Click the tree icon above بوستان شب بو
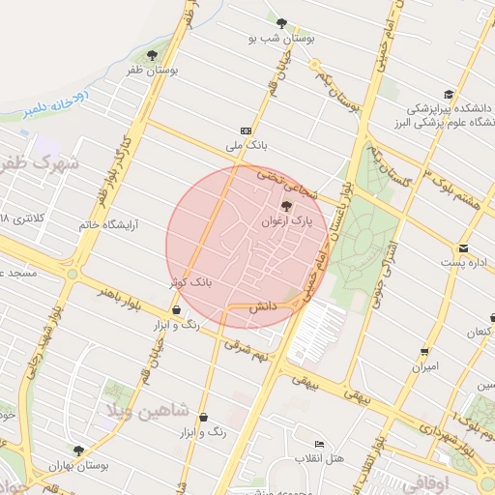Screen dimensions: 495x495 click(x=281, y=23)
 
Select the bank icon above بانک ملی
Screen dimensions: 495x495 click(x=246, y=130)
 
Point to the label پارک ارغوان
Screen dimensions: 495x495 click(x=285, y=221)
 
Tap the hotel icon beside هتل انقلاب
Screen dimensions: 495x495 click(x=320, y=444)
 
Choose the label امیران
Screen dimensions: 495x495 click(x=425, y=367)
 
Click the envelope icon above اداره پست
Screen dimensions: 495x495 click(x=463, y=247)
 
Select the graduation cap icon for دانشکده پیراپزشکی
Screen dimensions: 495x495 click(x=449, y=94)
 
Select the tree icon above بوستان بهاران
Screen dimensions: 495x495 click(x=78, y=450)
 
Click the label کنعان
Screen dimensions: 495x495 click(x=478, y=333)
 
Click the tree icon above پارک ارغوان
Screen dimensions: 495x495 click(x=285, y=205)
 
